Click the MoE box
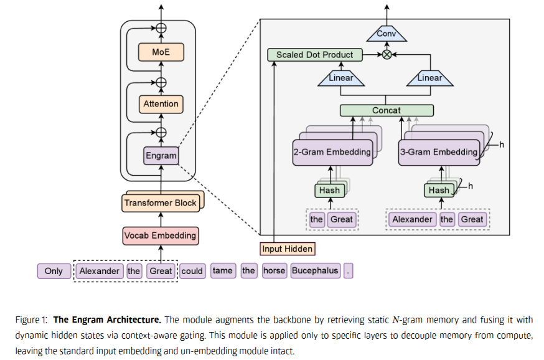pos(161,52)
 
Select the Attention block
pos(161,104)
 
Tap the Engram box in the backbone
pos(161,155)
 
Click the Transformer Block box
pos(161,202)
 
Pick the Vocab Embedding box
pos(161,235)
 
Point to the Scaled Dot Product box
pos(314,55)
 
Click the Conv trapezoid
pos(387,34)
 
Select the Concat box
pos(387,110)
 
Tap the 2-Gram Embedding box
pos(332,152)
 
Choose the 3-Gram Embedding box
pos(439,152)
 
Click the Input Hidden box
pos(287,249)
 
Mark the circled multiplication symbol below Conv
pos(387,55)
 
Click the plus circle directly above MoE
pos(161,28)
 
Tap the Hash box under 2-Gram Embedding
pos(329,190)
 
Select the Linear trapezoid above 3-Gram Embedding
pos(429,78)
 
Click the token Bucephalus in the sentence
pos(315,271)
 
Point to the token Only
pos(54,271)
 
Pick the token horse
pos(274,271)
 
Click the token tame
pos(222,271)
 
